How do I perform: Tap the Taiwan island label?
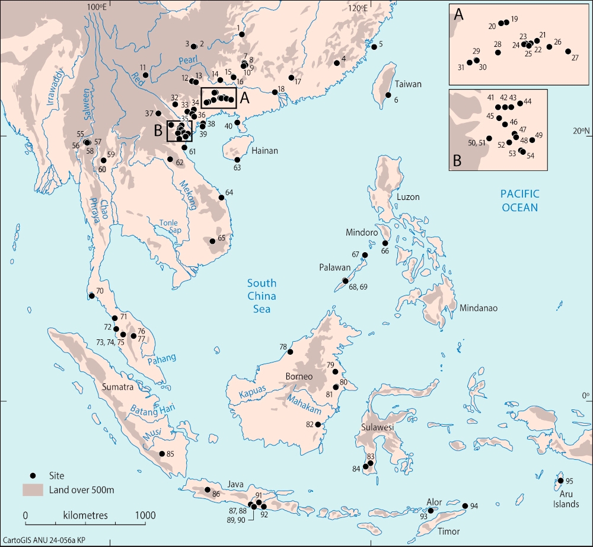pyautogui.click(x=409, y=84)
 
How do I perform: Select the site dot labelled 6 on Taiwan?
pyautogui.click(x=388, y=95)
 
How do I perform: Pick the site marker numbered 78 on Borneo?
pyautogui.click(x=291, y=352)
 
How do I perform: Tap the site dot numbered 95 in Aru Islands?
pyautogui.click(x=561, y=481)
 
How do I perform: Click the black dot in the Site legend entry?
pyautogui.click(x=34, y=475)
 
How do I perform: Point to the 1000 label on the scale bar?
pyautogui.click(x=142, y=514)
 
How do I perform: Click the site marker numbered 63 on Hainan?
pyautogui.click(x=237, y=160)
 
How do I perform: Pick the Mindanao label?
pyautogui.click(x=478, y=309)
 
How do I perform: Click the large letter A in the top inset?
pyautogui.click(x=458, y=15)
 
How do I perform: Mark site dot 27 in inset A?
pyautogui.click(x=568, y=52)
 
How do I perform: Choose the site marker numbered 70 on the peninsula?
pyautogui.click(x=91, y=295)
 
